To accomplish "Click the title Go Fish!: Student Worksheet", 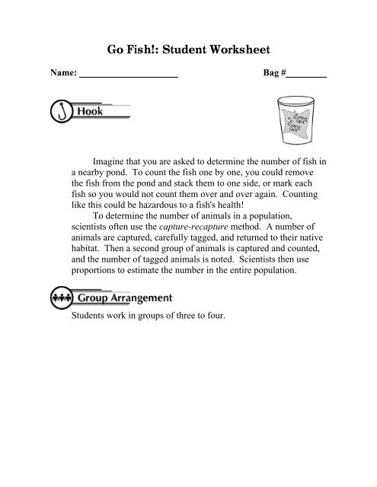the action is [x=189, y=51].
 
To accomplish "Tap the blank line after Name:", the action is [x=129, y=76].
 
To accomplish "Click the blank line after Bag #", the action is [x=307, y=76].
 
